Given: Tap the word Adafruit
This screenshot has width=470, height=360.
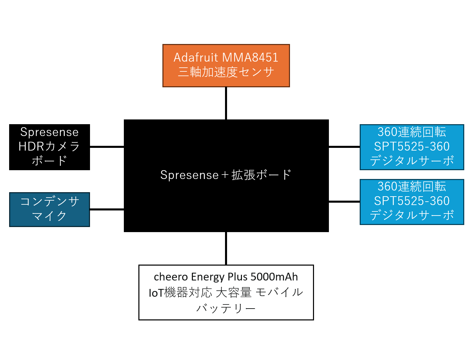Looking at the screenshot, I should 196,58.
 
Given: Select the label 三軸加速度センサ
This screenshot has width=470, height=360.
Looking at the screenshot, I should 226,72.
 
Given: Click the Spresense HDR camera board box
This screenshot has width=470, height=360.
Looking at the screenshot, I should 49,147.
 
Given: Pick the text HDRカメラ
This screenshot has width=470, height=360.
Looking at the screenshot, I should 49,146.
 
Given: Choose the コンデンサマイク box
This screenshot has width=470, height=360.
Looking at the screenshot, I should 49,209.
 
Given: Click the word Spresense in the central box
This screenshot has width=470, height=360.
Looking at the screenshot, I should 189,175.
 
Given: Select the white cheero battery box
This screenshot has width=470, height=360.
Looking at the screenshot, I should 226,292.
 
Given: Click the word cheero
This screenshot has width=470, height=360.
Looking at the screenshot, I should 171,277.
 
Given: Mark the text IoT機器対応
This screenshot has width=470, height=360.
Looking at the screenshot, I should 180,292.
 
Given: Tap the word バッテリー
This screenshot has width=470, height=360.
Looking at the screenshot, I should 226,308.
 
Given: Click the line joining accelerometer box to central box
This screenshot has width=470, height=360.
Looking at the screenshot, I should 226,103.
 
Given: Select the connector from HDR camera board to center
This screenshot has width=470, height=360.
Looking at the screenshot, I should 107,147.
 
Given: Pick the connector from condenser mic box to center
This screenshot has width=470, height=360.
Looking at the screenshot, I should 107,209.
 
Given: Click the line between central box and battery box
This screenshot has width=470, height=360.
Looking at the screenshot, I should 226,248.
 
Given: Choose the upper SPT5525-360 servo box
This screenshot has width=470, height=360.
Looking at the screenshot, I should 412,147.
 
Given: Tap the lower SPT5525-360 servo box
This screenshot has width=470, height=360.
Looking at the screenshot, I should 412,202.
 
